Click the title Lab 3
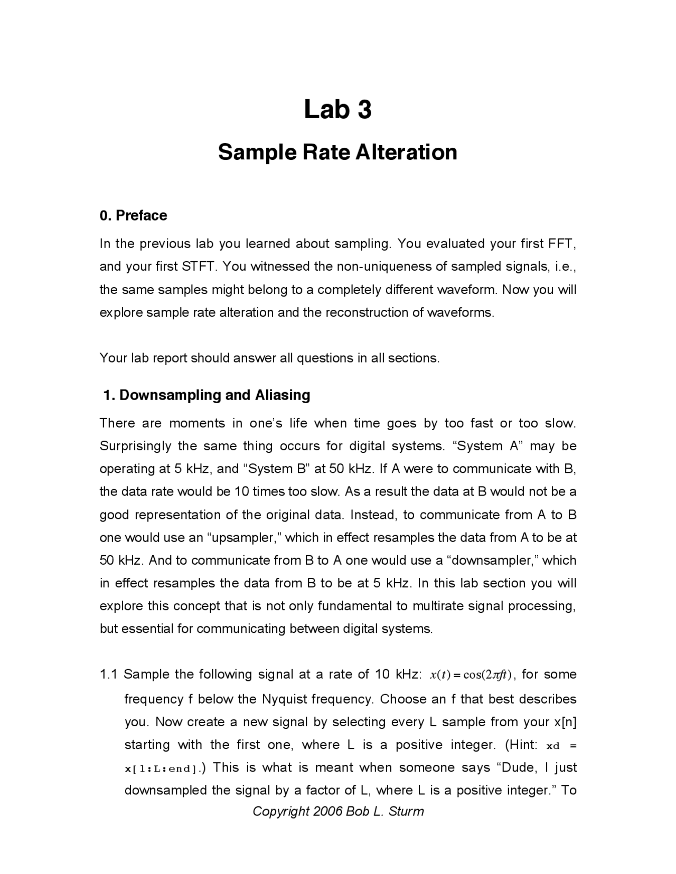point(337,109)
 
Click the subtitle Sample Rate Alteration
point(337,152)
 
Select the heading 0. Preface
point(133,215)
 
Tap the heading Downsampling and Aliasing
point(214,395)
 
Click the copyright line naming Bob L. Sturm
point(338,811)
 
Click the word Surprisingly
point(136,446)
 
